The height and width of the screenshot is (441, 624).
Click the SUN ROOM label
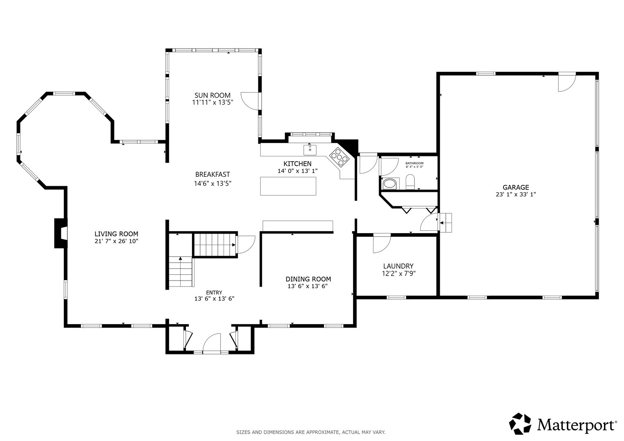pyautogui.click(x=212, y=95)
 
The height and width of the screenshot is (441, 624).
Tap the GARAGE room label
pyautogui.click(x=516, y=187)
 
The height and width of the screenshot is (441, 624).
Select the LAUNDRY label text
pyautogui.click(x=398, y=266)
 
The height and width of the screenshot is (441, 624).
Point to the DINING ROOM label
pyautogui.click(x=308, y=279)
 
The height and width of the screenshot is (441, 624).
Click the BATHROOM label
pyautogui.click(x=414, y=163)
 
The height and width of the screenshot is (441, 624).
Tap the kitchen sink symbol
pyautogui.click(x=310, y=150)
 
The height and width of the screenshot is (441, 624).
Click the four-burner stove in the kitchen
pyautogui.click(x=339, y=158)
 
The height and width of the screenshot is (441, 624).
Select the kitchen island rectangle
pyautogui.click(x=288, y=186)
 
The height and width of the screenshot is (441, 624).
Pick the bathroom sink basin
pyautogui.click(x=390, y=183)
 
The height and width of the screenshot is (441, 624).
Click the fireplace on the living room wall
pyautogui.click(x=60, y=233)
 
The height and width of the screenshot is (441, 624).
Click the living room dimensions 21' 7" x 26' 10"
pyautogui.click(x=116, y=241)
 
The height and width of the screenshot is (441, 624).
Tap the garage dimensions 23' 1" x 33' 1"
pyautogui.click(x=516, y=195)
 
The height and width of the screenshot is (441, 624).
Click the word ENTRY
pyautogui.click(x=214, y=293)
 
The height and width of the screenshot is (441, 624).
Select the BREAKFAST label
pyautogui.click(x=212, y=175)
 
